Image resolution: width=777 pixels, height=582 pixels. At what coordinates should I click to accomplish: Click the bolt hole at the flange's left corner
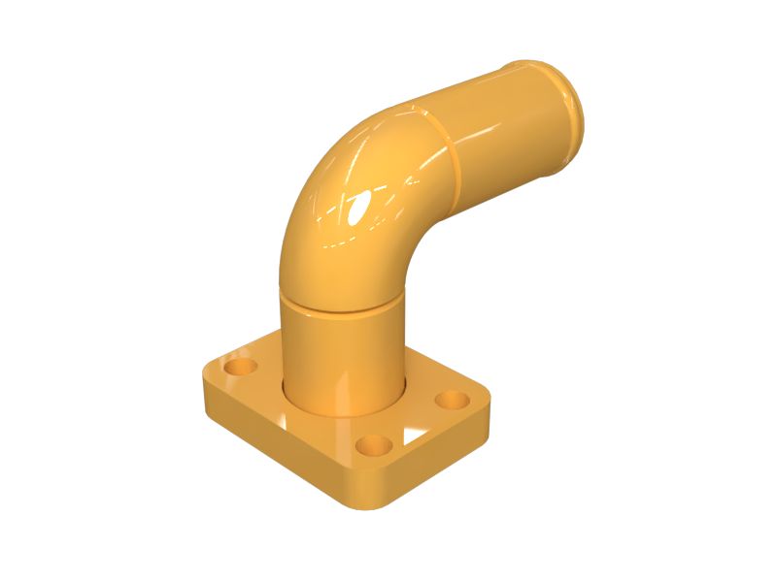click(x=238, y=369)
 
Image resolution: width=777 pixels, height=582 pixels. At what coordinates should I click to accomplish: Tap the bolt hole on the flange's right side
click(x=451, y=399)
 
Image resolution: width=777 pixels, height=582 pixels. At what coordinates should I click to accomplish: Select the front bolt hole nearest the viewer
click(x=372, y=446)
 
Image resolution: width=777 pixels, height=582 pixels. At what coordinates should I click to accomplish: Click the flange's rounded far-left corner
click(x=209, y=373)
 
